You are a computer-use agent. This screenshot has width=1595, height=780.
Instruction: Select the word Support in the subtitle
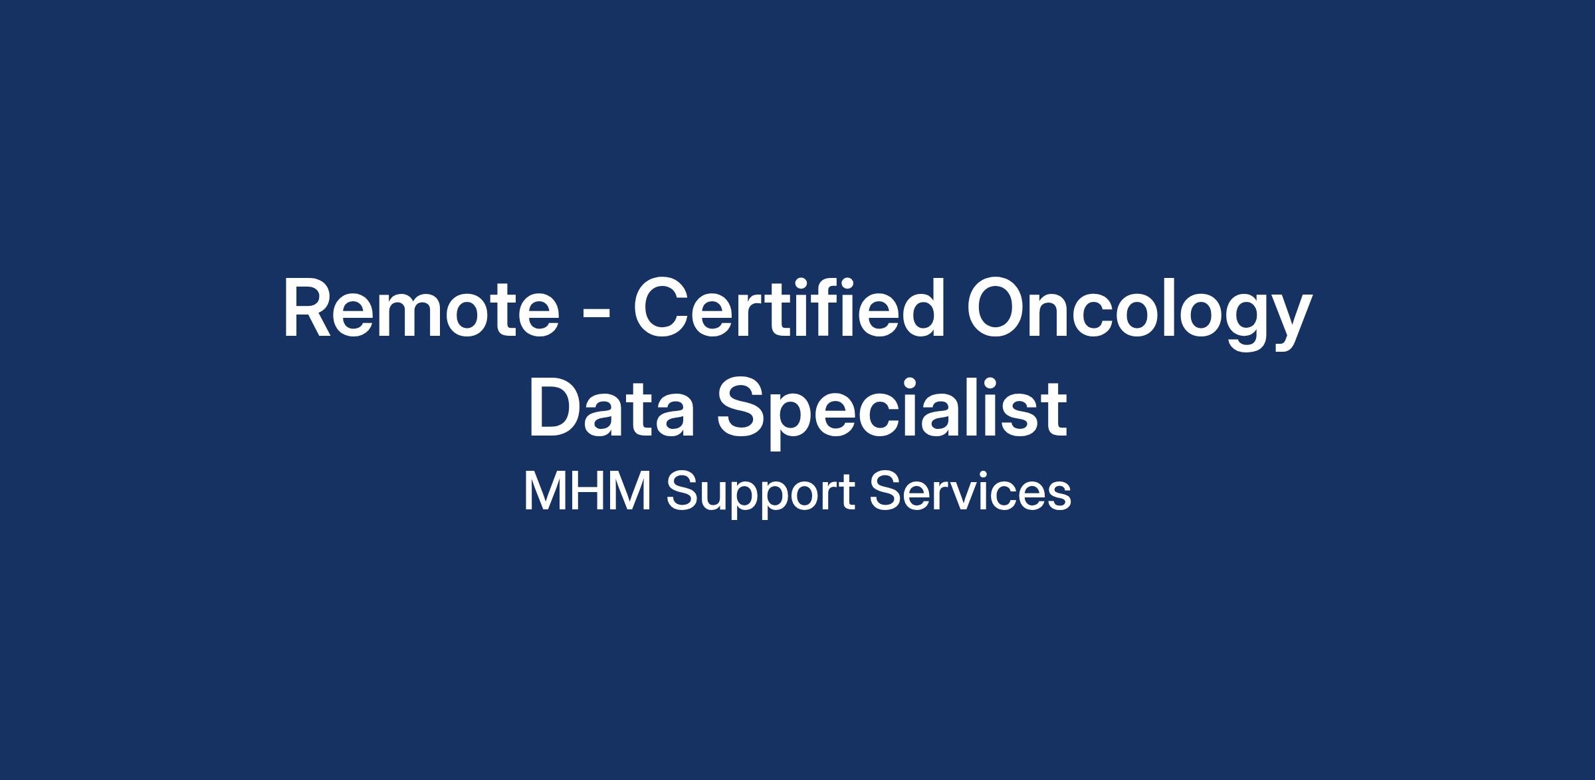click(760, 495)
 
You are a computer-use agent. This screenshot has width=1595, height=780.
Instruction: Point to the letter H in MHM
click(589, 491)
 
